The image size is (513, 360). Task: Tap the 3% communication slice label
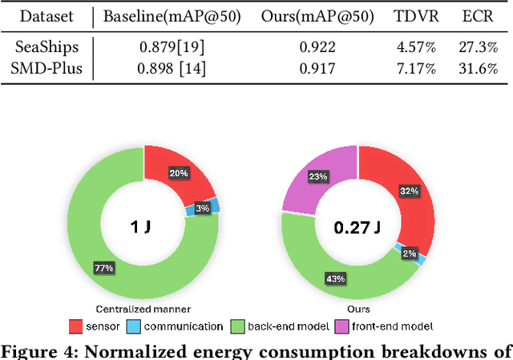(203, 209)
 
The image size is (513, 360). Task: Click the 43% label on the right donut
(336, 279)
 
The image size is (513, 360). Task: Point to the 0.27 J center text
(358, 227)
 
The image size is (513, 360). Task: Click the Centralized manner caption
(143, 309)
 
